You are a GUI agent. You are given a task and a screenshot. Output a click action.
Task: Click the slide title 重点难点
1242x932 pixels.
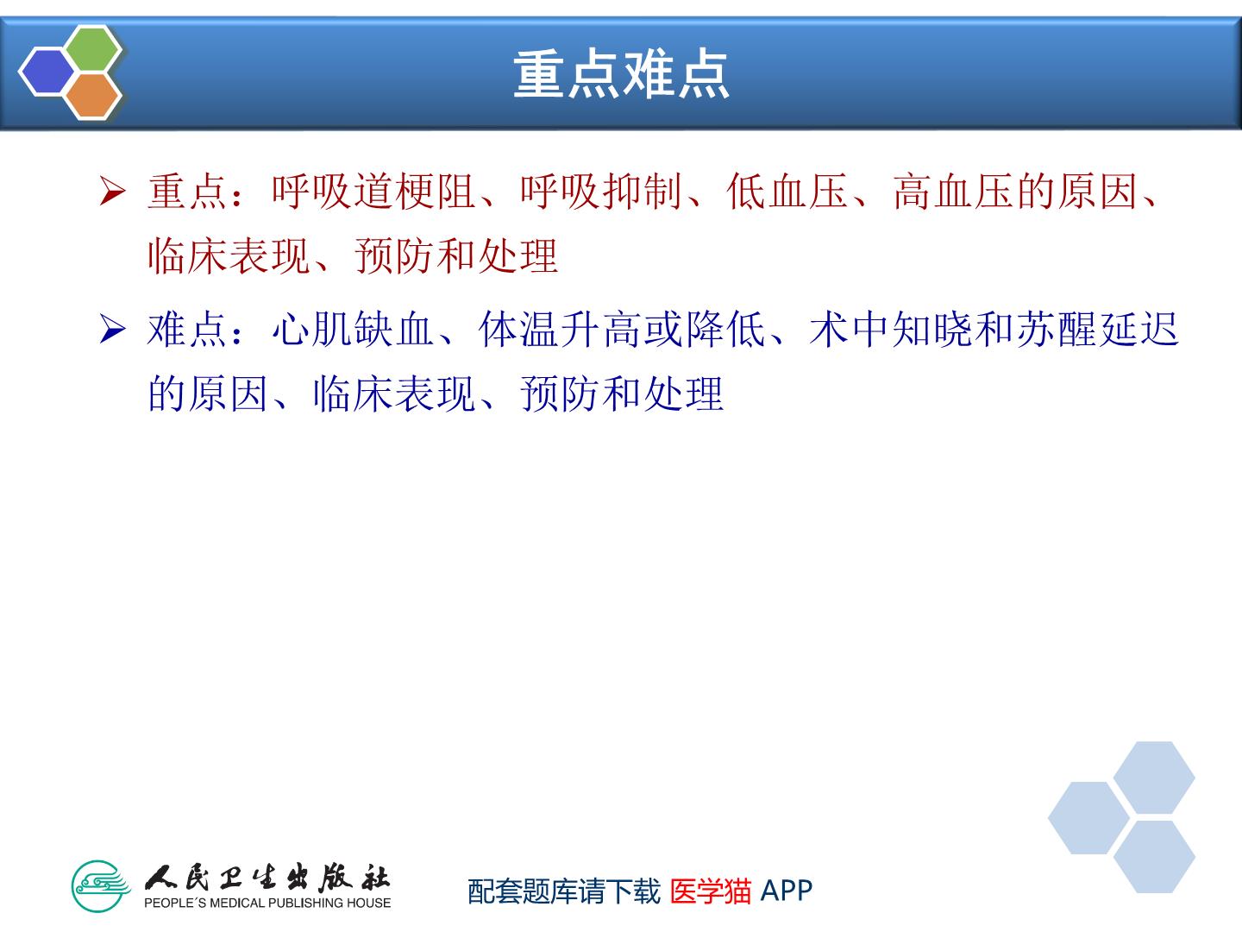(621, 73)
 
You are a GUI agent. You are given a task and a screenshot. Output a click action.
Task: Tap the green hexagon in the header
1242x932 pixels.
(92, 48)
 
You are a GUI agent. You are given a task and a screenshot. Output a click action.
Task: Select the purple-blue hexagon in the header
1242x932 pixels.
(47, 72)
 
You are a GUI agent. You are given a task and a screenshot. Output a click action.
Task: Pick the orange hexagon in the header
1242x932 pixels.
(92, 96)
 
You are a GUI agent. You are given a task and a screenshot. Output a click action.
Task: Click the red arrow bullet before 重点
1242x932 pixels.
(113, 191)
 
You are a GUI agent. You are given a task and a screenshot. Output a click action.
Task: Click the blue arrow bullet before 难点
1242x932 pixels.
(113, 328)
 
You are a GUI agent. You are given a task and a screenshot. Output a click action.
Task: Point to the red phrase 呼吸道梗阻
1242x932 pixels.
(373, 192)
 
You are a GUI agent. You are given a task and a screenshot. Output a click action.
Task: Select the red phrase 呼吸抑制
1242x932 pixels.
(601, 192)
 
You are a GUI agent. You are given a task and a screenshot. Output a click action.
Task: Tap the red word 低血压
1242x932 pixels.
(787, 192)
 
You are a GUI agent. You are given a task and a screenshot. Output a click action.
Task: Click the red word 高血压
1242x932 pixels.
(955, 192)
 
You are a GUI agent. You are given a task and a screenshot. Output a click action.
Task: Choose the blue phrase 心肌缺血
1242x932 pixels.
(353, 329)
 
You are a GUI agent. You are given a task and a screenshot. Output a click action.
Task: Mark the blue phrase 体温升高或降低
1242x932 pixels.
(623, 329)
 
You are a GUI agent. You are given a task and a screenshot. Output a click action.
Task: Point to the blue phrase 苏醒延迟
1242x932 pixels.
(1098, 329)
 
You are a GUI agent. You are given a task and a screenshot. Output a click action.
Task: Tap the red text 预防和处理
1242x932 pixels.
(456, 255)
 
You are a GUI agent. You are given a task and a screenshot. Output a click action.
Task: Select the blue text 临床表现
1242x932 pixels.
(394, 394)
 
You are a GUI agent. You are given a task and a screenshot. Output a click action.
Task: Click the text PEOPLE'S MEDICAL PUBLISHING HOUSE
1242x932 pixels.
(267, 903)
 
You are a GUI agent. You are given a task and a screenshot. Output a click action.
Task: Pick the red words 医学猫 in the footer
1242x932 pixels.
(711, 891)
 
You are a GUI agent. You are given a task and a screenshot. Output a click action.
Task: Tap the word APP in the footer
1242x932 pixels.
(787, 891)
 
